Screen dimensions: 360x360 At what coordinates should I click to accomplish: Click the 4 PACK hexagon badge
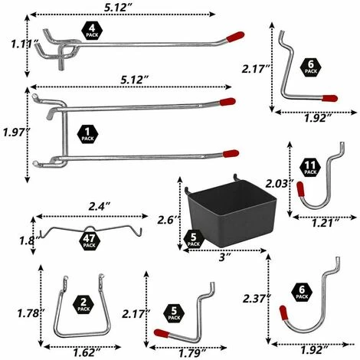coord(92,31)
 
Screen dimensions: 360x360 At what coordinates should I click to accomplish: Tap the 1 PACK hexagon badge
coord(87,134)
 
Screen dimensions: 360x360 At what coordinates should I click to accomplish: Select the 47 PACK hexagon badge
coord(89,241)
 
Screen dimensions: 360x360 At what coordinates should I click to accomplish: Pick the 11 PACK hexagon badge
coord(310,168)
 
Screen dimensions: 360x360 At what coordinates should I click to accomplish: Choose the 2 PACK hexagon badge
coord(83,305)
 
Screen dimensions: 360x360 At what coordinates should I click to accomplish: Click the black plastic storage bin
coord(231,213)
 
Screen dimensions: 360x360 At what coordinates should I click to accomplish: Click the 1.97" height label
coord(16,133)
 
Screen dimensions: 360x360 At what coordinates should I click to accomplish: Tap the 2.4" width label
coord(100,207)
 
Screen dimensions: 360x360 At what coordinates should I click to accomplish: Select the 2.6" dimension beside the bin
coord(166,220)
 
